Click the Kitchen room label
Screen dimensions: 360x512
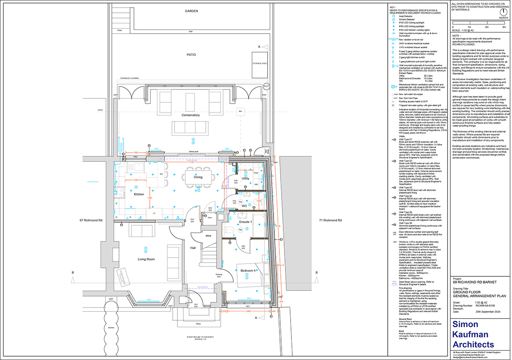(x=139, y=195)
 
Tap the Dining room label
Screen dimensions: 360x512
(x=198, y=165)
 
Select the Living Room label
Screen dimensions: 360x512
(x=146, y=259)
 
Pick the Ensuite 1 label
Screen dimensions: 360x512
(x=246, y=222)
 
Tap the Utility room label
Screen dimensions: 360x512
(x=245, y=178)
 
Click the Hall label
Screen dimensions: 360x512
(x=193, y=248)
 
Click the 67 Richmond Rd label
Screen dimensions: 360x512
(x=91, y=221)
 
